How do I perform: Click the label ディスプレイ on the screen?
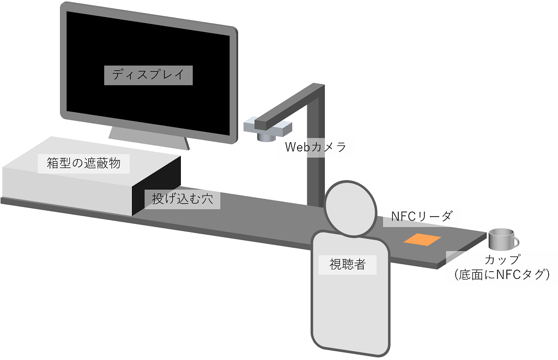pos(148,75)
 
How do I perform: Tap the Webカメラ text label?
pos(316,147)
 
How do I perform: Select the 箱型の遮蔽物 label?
pos(83,163)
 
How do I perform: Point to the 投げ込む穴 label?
pos(182,199)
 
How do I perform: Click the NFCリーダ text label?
pos(422,217)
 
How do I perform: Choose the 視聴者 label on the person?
pos(347,265)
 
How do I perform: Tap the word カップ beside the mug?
pos(503,259)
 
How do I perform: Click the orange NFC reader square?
pos(422,239)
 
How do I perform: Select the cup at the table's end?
pos(500,239)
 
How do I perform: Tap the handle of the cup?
pos(514,241)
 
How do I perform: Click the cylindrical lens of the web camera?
pos(266,136)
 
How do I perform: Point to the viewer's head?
pos(350,208)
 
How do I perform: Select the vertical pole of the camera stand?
pos(315,163)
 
